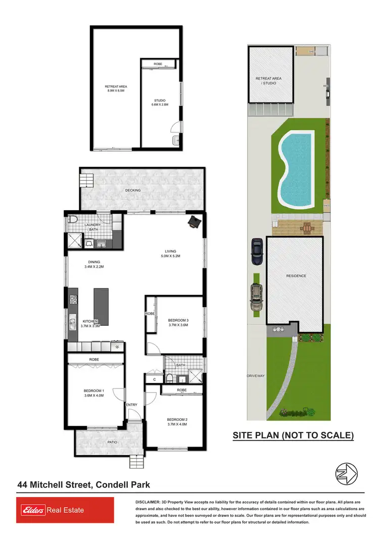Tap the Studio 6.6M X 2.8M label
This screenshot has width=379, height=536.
tap(159, 103)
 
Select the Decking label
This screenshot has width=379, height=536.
tap(133, 190)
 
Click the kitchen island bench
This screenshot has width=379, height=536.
tap(101, 307)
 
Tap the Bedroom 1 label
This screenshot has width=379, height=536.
tap(94, 393)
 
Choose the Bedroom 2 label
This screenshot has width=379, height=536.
tap(177, 422)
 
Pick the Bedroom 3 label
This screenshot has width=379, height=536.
tap(178, 323)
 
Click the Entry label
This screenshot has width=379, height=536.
tap(131, 405)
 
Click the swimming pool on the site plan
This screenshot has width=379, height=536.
tap(296, 169)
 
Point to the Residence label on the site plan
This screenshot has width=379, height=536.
tap(296, 276)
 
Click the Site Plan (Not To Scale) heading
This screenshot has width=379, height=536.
tap(293, 435)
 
